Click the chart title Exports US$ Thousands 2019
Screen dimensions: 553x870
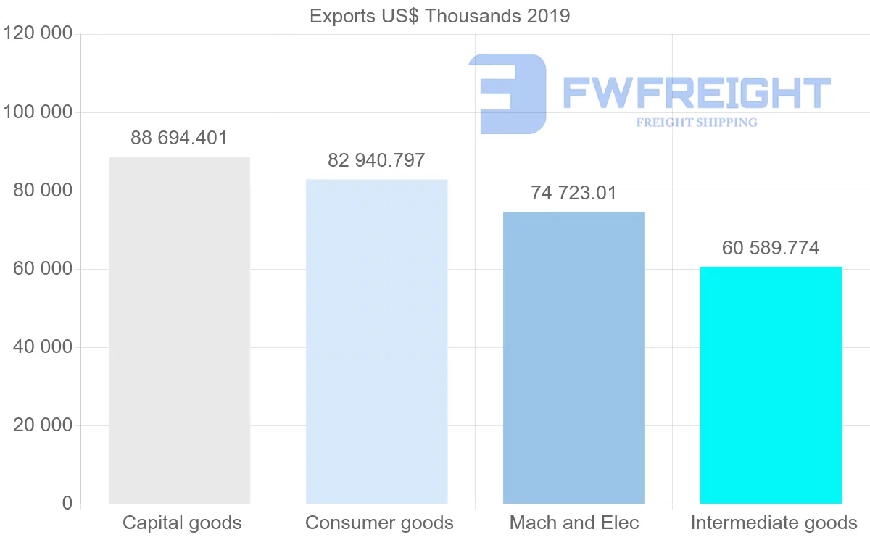click(439, 16)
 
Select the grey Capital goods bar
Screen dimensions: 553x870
click(179, 330)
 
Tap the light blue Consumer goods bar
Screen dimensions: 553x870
click(376, 341)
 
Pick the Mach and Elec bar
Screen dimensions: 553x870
click(573, 357)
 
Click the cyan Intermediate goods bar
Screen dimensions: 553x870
click(771, 385)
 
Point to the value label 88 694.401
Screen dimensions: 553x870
click(179, 138)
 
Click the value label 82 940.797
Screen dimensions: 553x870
click(376, 160)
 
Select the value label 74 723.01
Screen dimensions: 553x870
click(573, 193)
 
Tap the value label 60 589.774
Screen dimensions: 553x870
click(771, 248)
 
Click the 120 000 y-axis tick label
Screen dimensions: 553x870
click(38, 34)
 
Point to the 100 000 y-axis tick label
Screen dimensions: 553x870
click(38, 112)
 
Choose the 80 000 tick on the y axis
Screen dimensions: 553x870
click(43, 191)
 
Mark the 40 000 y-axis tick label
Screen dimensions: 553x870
click(43, 347)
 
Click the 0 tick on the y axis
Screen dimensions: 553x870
click(67, 503)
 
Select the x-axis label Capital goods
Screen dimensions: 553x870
click(182, 523)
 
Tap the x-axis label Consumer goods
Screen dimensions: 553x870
click(379, 523)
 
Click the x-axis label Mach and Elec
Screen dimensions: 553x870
click(574, 523)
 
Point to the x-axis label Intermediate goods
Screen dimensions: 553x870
click(774, 523)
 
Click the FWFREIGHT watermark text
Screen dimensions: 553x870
click(696, 93)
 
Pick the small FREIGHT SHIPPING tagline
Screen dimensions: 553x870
click(697, 122)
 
